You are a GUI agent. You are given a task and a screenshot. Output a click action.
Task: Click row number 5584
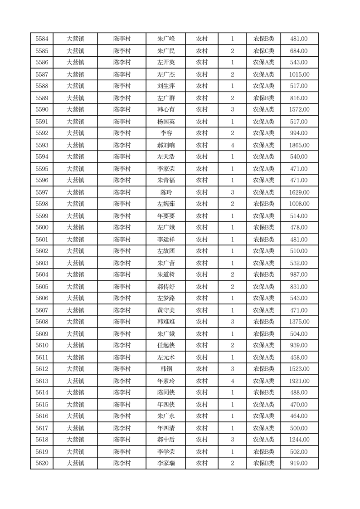point(42,39)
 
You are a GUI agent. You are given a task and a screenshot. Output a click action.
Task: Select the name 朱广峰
point(165,39)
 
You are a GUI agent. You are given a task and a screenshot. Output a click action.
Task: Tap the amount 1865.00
point(299,145)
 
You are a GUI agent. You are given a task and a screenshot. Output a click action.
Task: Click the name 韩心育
point(165,109)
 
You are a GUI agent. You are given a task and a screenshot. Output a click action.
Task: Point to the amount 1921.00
point(299,381)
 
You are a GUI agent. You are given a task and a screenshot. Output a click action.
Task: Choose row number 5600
point(42,227)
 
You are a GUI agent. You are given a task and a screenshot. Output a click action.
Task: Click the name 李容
point(165,133)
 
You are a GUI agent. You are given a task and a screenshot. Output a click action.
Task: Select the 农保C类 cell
point(263,51)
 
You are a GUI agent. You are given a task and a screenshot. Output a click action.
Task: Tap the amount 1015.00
point(299,74)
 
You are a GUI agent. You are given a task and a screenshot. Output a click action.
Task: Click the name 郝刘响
point(165,145)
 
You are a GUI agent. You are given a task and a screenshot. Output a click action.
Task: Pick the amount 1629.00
point(299,192)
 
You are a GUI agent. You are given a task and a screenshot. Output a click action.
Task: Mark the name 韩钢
point(165,369)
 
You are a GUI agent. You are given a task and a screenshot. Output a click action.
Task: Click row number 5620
point(42,463)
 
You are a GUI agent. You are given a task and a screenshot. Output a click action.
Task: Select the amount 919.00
point(299,463)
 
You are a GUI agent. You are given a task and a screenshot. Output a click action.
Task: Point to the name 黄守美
point(165,310)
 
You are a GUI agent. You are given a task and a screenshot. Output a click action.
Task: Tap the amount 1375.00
point(299,322)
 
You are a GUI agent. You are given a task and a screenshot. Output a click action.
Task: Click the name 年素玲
point(165,381)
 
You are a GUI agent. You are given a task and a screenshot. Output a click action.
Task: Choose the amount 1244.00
point(299,440)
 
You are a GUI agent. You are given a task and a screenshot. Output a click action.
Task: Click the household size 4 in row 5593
point(232,145)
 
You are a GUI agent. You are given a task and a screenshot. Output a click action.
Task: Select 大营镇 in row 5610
point(75,345)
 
